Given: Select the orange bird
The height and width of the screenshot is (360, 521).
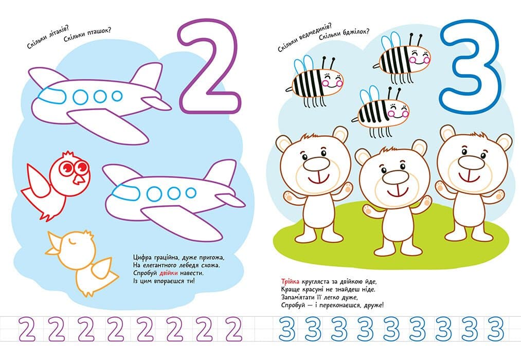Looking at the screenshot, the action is coord(81,262).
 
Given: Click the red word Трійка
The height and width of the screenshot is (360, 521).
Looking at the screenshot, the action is coord(291,282).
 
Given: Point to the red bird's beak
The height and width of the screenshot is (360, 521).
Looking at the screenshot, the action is coord(79,179).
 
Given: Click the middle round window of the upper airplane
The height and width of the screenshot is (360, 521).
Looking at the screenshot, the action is coord(100,97).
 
